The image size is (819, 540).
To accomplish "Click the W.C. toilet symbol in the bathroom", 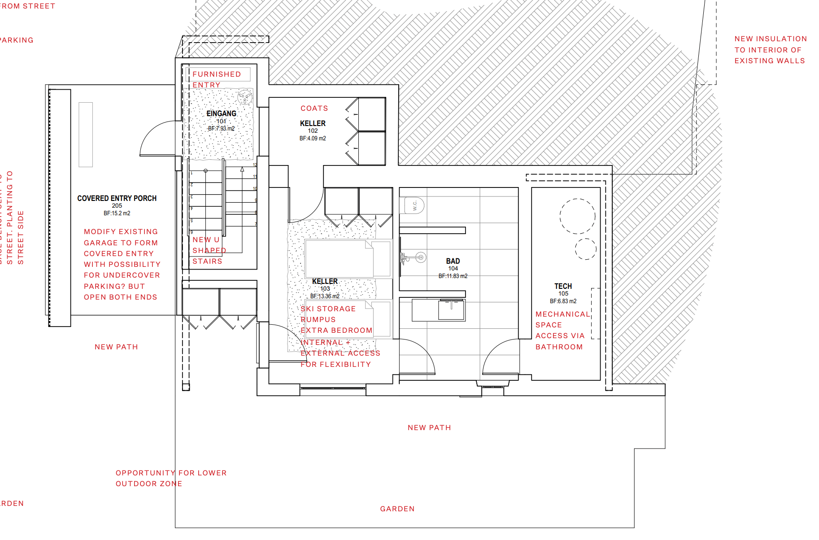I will (x=415, y=205).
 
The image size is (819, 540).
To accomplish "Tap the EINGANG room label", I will (x=221, y=113).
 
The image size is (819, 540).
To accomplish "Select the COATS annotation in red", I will (x=314, y=109).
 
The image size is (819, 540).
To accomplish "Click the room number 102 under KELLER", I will (x=313, y=131).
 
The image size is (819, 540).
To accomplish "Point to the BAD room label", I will (x=453, y=261).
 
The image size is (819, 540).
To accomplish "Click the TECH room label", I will (x=563, y=286).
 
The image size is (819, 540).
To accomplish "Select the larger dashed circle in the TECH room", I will (x=577, y=216).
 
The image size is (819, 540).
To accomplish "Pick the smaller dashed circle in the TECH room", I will (x=585, y=249).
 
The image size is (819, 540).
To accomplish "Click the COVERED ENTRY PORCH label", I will (x=117, y=198).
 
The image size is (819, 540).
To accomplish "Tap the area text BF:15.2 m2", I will (x=117, y=213).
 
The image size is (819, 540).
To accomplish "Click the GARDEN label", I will (x=397, y=509).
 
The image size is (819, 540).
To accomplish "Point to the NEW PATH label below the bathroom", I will (x=429, y=428).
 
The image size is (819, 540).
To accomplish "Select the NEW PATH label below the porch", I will (x=116, y=347).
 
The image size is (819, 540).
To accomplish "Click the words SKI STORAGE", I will (x=328, y=309).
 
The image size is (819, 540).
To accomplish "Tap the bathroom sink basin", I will (x=451, y=309).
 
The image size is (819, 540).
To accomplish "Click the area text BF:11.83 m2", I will (x=453, y=276).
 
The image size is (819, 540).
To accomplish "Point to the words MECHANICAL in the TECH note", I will (x=562, y=314).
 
